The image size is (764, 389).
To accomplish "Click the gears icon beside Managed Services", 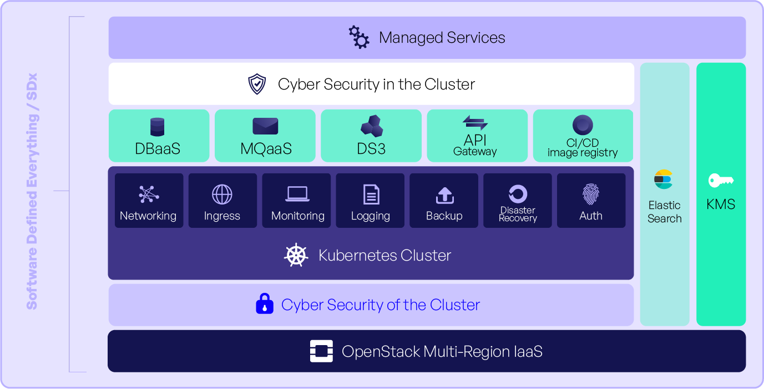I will coord(359,37).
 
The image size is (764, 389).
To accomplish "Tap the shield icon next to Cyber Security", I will coord(257,84).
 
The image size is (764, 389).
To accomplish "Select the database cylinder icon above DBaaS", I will coord(158,127).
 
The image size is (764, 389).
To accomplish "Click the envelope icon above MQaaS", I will coord(265,126).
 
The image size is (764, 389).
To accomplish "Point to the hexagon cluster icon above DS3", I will coord(371,126).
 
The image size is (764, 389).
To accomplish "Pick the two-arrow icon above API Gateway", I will coord(475,122).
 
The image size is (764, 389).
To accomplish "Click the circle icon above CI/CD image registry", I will coord(583,125).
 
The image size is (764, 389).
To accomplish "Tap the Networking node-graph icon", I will coord(148,194).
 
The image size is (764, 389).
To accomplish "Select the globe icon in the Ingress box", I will coord(222,194).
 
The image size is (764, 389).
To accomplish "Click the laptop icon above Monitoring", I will coord(297,194).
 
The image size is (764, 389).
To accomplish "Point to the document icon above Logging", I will coord(371,194).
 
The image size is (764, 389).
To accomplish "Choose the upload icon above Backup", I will coord(444,194).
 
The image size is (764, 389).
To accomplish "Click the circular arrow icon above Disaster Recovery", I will coord(518,194).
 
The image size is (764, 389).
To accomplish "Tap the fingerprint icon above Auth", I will coord(591,194).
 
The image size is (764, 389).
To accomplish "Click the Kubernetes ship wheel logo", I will coord(296,255).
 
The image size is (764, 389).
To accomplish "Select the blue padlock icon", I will coord(265,304).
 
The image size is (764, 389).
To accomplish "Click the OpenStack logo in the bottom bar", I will coord(321,351).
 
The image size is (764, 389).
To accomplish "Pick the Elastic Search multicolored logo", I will coord(664,179).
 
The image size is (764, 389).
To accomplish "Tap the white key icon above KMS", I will coord(721,180).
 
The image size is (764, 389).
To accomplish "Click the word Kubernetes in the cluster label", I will coord(353,256).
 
